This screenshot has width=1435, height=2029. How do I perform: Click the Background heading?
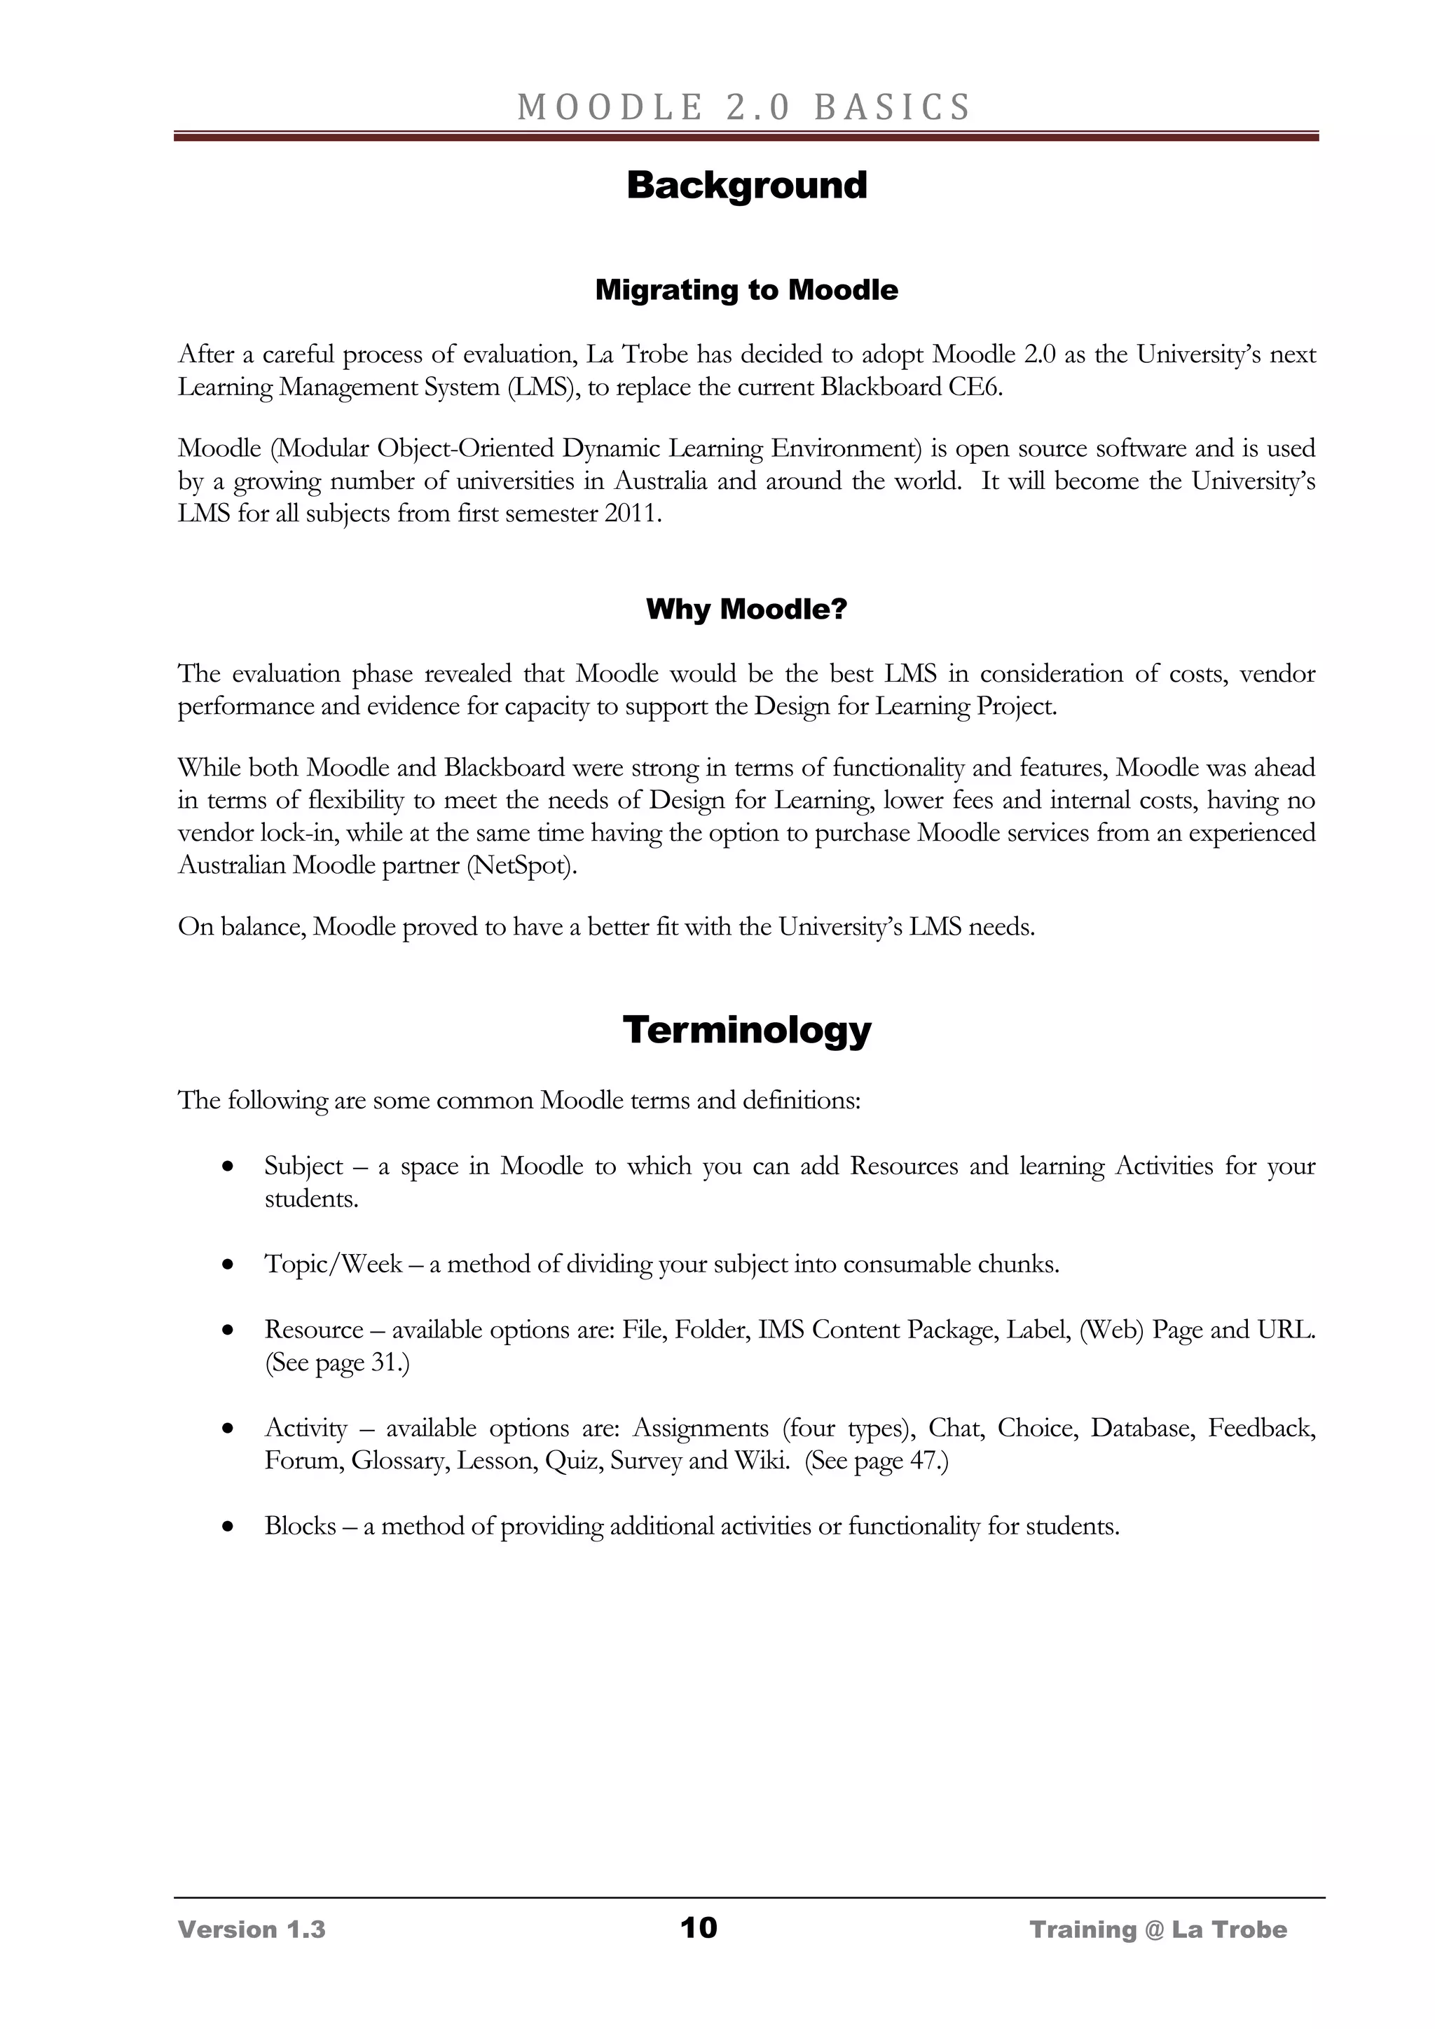click(747, 186)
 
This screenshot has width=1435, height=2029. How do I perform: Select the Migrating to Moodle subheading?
click(747, 290)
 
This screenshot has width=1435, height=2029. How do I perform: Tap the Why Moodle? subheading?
click(747, 609)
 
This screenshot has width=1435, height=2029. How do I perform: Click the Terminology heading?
click(747, 1029)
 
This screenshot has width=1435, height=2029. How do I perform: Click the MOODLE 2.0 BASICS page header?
click(744, 107)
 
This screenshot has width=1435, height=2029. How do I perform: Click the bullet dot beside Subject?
click(229, 1167)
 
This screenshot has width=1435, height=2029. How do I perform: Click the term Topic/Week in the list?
click(333, 1265)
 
